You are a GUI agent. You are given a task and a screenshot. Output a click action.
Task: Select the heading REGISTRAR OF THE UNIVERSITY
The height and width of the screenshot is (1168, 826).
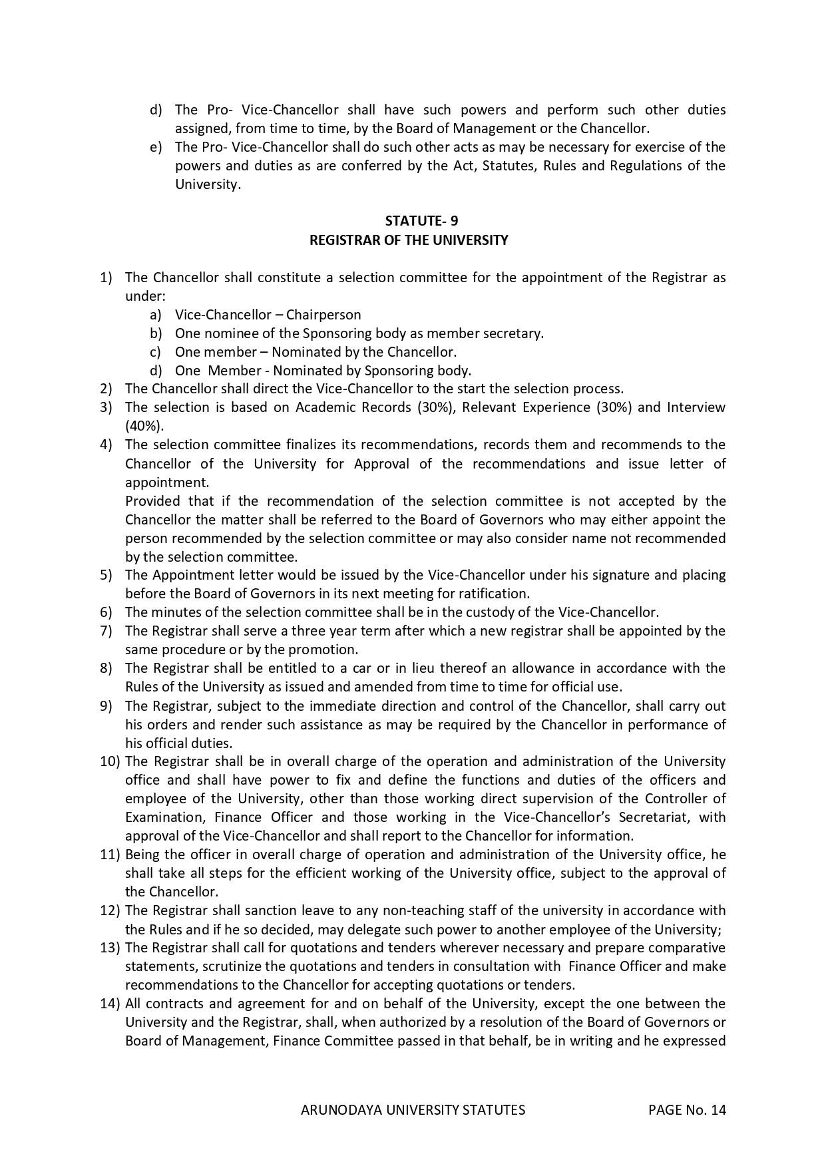coord(409,240)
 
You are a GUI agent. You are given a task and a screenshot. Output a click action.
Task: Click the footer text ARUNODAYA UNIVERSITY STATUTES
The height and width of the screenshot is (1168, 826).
coord(413,1109)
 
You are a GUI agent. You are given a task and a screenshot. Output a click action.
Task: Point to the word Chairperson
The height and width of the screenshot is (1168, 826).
coord(323,315)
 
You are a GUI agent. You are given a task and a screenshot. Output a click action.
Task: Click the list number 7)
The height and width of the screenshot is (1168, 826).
coord(106,631)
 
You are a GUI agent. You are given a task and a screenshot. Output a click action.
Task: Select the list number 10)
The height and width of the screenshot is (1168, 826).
coord(110,761)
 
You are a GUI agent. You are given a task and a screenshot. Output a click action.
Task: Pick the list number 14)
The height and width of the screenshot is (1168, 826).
coord(110,1004)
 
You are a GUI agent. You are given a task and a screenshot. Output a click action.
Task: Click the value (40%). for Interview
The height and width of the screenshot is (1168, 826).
coord(144,426)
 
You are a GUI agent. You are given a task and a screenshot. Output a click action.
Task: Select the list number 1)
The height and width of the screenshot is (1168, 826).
coord(106,278)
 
